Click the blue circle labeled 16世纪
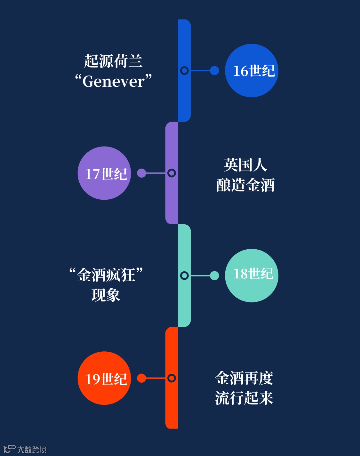point(252,71)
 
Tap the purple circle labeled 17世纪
point(104,173)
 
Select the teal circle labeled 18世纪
point(252,276)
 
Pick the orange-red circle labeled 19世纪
point(104,378)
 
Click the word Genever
point(113,81)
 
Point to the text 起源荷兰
point(113,61)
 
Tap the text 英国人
point(245,165)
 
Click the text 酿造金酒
point(245,185)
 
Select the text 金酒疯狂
point(106,275)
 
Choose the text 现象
point(106,295)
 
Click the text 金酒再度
point(244,378)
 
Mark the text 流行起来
point(244,398)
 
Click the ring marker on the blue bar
point(184,71)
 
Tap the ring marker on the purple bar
point(172,173)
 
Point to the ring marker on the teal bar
point(184,276)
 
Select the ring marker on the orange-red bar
point(172,378)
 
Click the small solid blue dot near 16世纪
point(214,71)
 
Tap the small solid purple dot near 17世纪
point(142,173)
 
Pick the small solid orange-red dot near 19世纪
point(142,378)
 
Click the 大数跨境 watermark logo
point(25,449)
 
